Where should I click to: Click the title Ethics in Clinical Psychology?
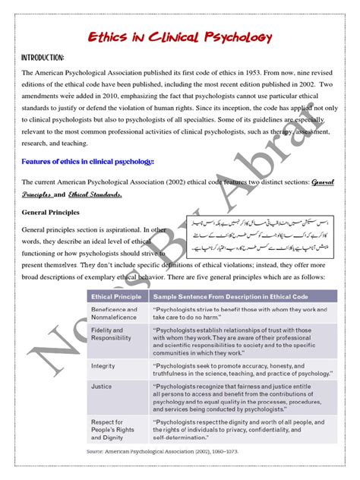[179, 36]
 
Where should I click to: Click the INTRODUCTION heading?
[43, 58]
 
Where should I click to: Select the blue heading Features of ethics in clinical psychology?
[87, 161]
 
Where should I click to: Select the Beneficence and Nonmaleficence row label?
[115, 314]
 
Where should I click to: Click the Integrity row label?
[103, 365]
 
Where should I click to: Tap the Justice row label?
[102, 386]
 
